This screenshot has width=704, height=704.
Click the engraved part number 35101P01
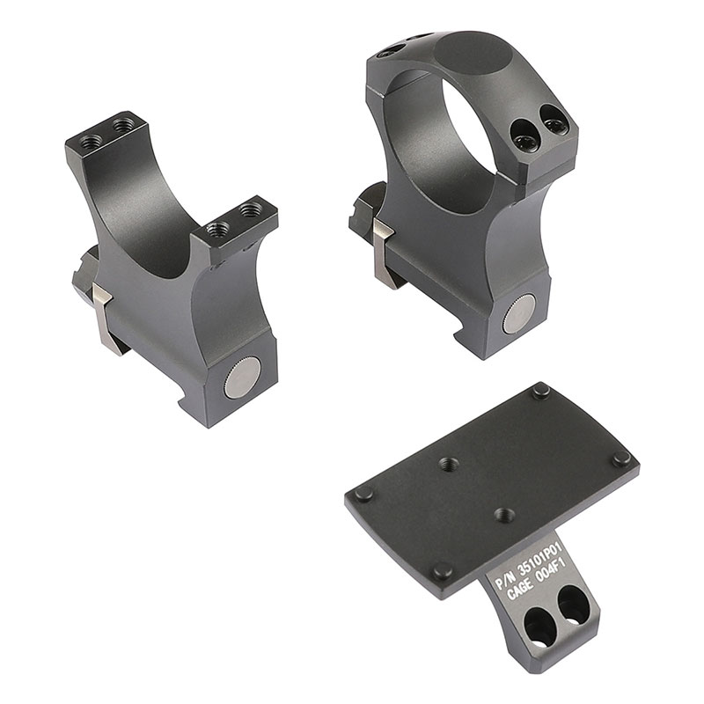[540, 557]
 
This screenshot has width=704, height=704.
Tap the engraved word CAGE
[520, 590]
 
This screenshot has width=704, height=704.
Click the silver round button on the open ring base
[243, 378]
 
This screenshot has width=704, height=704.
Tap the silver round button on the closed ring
[519, 314]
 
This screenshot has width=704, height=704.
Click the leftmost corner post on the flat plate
[364, 495]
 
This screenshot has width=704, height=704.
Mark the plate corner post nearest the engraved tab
[444, 570]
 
